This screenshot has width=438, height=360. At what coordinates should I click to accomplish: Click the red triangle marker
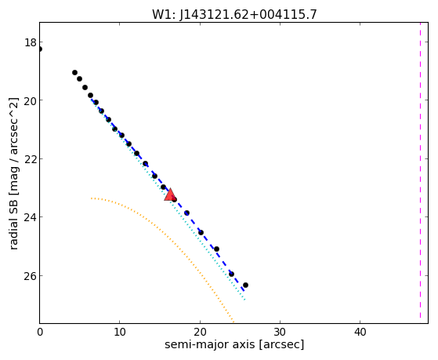170,195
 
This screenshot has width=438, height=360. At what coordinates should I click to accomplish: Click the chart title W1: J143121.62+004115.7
234,14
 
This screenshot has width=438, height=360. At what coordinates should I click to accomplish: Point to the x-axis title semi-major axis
234,344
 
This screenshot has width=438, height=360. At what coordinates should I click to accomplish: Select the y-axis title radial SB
13,173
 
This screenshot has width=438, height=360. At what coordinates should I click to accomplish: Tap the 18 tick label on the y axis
31,43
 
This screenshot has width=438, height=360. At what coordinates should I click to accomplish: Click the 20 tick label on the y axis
31,101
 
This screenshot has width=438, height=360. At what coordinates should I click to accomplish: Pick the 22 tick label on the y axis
31,159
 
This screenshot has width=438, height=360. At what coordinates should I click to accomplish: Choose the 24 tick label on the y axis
31,217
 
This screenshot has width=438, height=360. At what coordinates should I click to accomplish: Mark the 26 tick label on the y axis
31,276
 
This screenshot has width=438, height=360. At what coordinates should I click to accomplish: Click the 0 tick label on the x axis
40,333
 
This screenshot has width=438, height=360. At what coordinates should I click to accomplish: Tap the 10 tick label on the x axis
120,333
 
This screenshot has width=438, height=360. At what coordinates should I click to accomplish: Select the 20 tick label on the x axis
200,333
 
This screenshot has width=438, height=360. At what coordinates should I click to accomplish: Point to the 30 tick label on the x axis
280,333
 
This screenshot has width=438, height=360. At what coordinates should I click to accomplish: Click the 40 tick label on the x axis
360,333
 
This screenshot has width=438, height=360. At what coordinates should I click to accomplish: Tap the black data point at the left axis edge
40,49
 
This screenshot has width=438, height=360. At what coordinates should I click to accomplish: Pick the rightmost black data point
245,285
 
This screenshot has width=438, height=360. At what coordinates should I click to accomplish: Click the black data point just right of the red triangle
174,199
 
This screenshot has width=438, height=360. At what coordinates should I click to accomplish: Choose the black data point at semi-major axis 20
201,232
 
